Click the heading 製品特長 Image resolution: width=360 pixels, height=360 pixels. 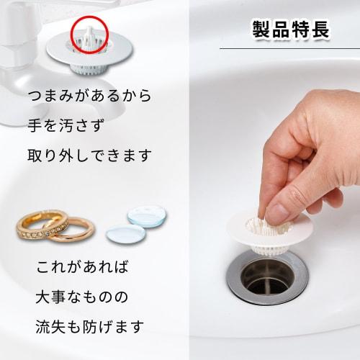point(290,30)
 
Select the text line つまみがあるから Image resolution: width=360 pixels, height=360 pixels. point(89,95)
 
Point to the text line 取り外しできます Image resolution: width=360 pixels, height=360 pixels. point(89,155)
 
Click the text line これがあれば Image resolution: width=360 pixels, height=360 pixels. point(82,268)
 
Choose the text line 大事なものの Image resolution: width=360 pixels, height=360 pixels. point(82,297)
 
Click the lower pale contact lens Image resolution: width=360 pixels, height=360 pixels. point(124,233)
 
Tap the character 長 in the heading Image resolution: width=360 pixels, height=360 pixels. point(320,30)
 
